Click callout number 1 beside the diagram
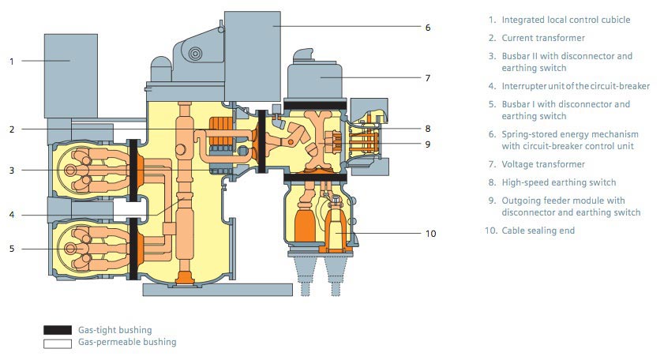coord(11,61)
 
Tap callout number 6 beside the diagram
coord(427,27)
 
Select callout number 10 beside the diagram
coord(430,233)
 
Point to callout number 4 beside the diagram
coord(11,215)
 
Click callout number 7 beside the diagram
coord(427,78)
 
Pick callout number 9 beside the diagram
coord(427,144)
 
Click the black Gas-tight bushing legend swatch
coord(57,329)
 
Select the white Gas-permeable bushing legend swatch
coord(57,343)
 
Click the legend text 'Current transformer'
coord(542,38)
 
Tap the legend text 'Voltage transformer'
coord(542,164)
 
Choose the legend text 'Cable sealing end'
coord(538,231)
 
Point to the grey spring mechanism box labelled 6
coord(253,47)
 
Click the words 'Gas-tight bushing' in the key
coord(114,329)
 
